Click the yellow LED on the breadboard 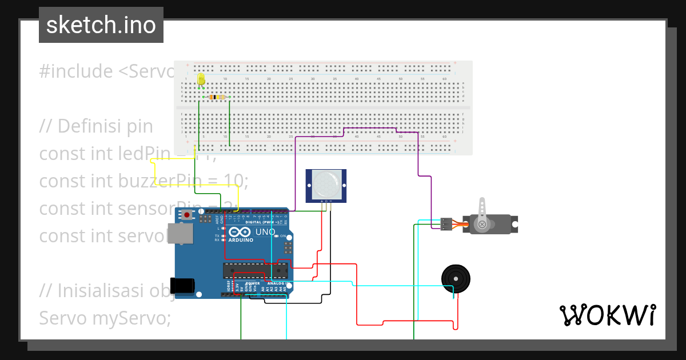201,79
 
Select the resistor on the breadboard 217,97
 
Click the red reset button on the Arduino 186,215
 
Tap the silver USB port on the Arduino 184,234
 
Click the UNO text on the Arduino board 265,233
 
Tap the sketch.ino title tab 101,25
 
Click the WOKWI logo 607,315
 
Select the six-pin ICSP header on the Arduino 288,248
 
